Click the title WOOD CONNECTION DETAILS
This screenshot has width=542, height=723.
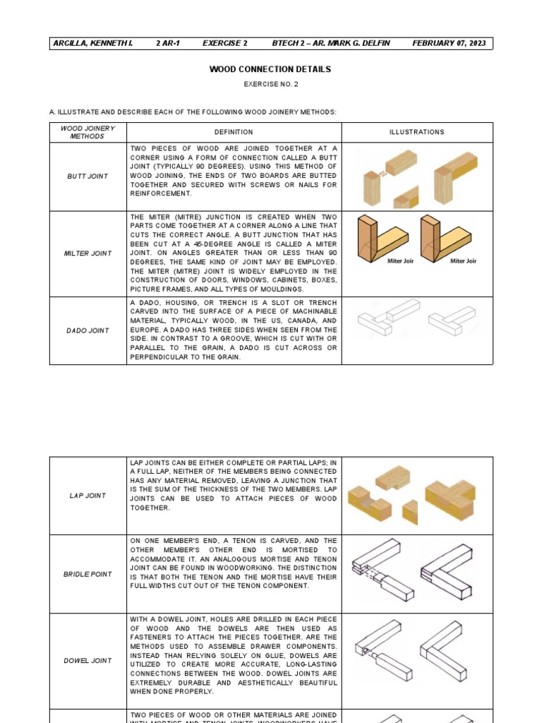(x=270, y=69)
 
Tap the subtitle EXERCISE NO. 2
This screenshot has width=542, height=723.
(x=270, y=84)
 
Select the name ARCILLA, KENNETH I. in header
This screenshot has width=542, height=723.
(x=92, y=44)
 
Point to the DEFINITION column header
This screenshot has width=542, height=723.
(x=234, y=132)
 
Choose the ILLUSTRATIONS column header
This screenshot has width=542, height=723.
(x=416, y=132)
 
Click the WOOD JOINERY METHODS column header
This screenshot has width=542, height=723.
(x=88, y=132)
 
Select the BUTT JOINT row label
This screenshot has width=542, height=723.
(x=88, y=177)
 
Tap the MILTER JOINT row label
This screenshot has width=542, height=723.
(x=88, y=253)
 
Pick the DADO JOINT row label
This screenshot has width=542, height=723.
(x=88, y=330)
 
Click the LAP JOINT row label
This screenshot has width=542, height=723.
(x=88, y=496)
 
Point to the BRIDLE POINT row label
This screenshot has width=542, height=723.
(x=88, y=574)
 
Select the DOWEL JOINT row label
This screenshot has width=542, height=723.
(x=88, y=661)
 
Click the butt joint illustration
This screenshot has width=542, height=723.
(x=416, y=177)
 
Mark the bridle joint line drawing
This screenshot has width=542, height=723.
(x=416, y=573)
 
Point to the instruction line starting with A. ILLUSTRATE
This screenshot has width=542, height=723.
(x=193, y=112)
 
